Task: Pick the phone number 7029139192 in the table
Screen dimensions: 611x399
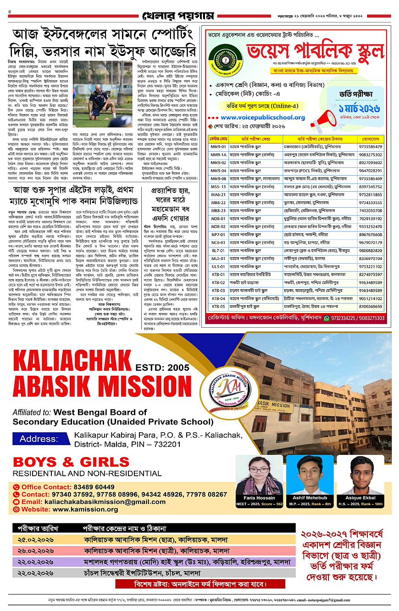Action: point(372,219)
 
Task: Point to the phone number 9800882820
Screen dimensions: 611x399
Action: point(372,251)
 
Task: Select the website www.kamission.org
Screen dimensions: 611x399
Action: point(85,509)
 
